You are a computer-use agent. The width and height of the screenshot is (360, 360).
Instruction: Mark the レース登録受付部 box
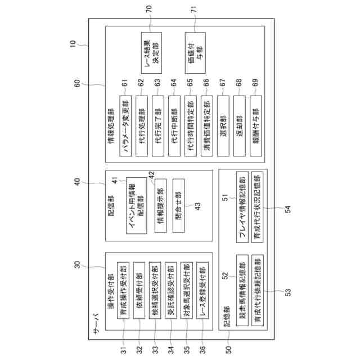point(205,296)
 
